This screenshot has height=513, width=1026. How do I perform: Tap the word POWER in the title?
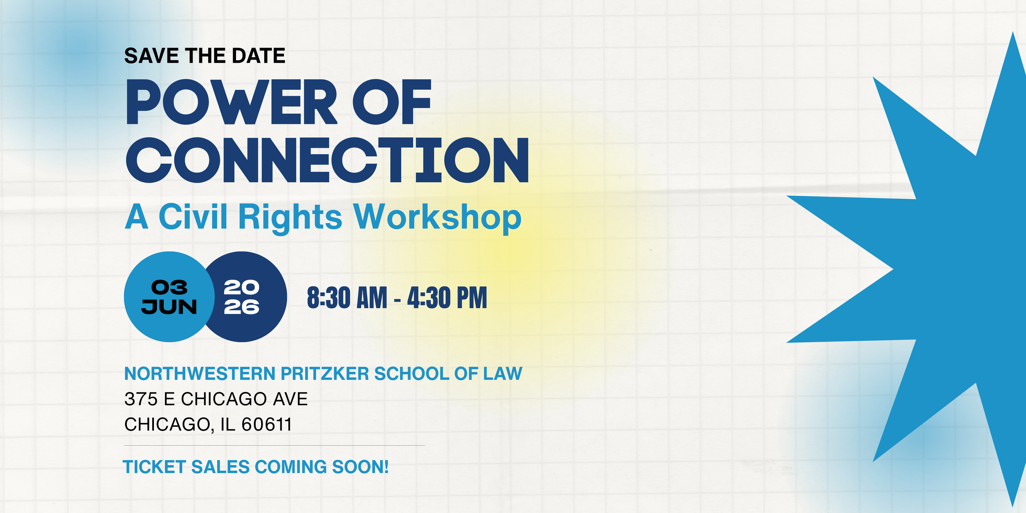coord(232,102)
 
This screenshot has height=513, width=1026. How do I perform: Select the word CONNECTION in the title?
coord(327,160)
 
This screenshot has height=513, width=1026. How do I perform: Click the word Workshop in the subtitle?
coord(437,217)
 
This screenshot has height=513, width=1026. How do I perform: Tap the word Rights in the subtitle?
coord(290,217)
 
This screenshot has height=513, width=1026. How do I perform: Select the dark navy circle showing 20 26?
coord(250,297)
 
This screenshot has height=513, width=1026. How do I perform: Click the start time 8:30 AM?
coord(347,298)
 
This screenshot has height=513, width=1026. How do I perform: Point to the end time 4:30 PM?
coord(447,298)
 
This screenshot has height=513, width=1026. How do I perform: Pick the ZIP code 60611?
coord(266,424)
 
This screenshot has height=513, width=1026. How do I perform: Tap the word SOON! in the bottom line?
coord(360,467)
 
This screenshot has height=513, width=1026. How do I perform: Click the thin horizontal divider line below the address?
coord(274,445)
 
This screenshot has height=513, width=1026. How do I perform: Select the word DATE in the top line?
coord(259,56)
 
